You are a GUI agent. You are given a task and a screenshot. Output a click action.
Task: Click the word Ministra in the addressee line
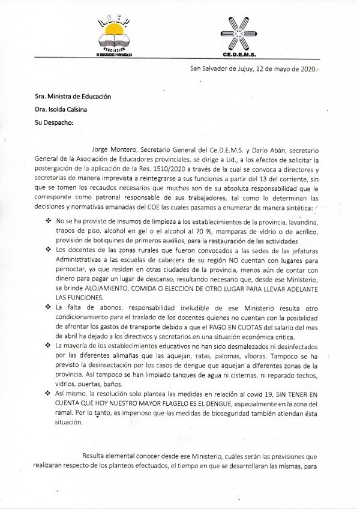pos(64,96)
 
